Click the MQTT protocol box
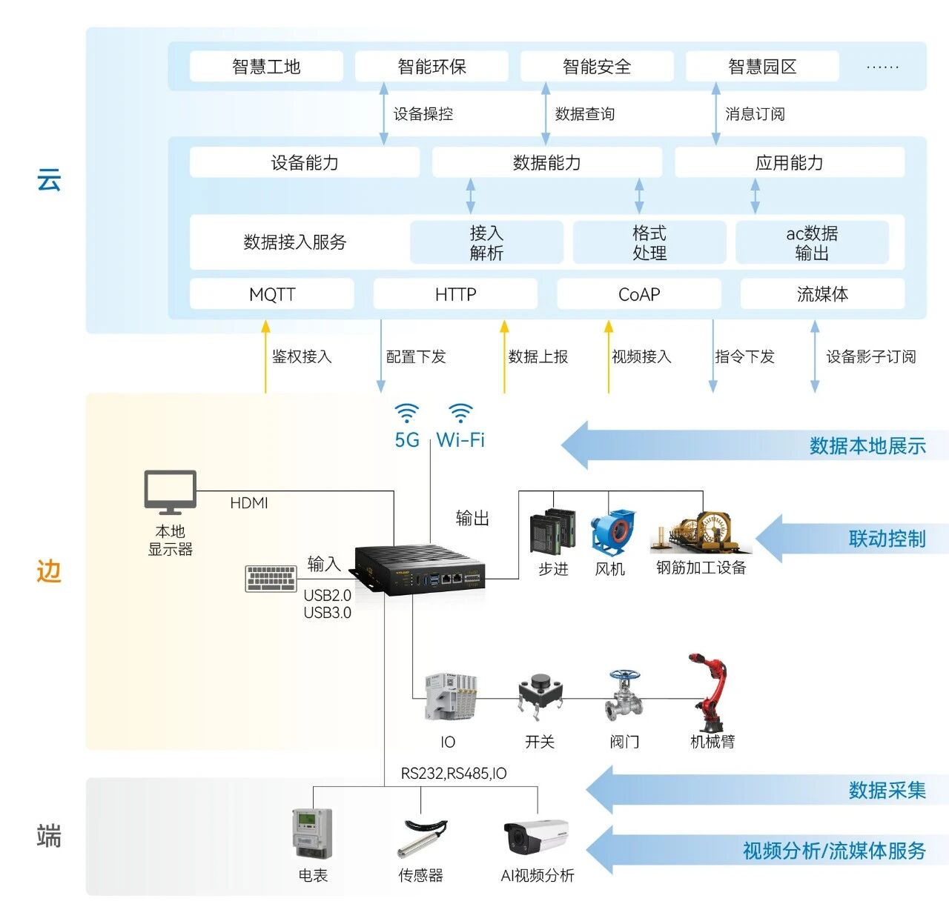[x=271, y=294]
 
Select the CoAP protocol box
[x=638, y=294]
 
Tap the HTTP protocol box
[x=455, y=294]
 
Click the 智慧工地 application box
[x=266, y=67]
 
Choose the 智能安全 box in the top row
[x=597, y=67]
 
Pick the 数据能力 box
[x=546, y=162]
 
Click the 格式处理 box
[x=649, y=242]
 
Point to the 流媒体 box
[x=822, y=294]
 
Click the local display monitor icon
[x=170, y=492]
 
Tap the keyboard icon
[x=271, y=579]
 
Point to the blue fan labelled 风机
[x=612, y=531]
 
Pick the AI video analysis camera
[x=535, y=837]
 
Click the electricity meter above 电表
[x=312, y=834]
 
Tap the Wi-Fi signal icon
[x=460, y=413]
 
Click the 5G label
[x=407, y=440]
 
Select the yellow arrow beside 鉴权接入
[x=265, y=356]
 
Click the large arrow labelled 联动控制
[x=853, y=539]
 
